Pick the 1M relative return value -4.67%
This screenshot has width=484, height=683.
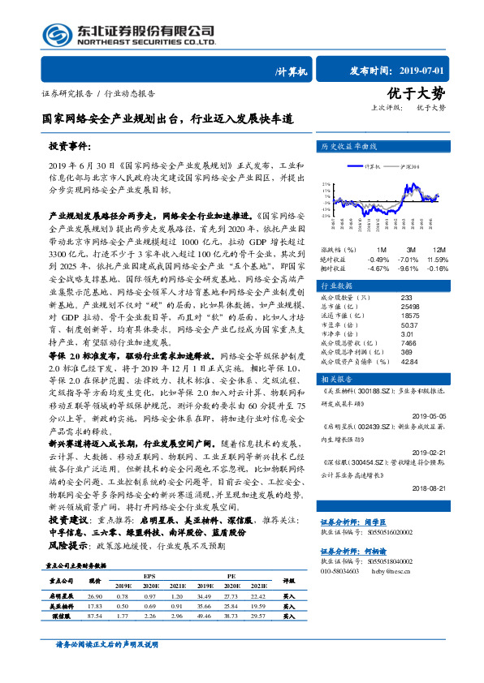[x=379, y=268]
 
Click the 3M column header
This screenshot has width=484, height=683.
[x=411, y=250]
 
